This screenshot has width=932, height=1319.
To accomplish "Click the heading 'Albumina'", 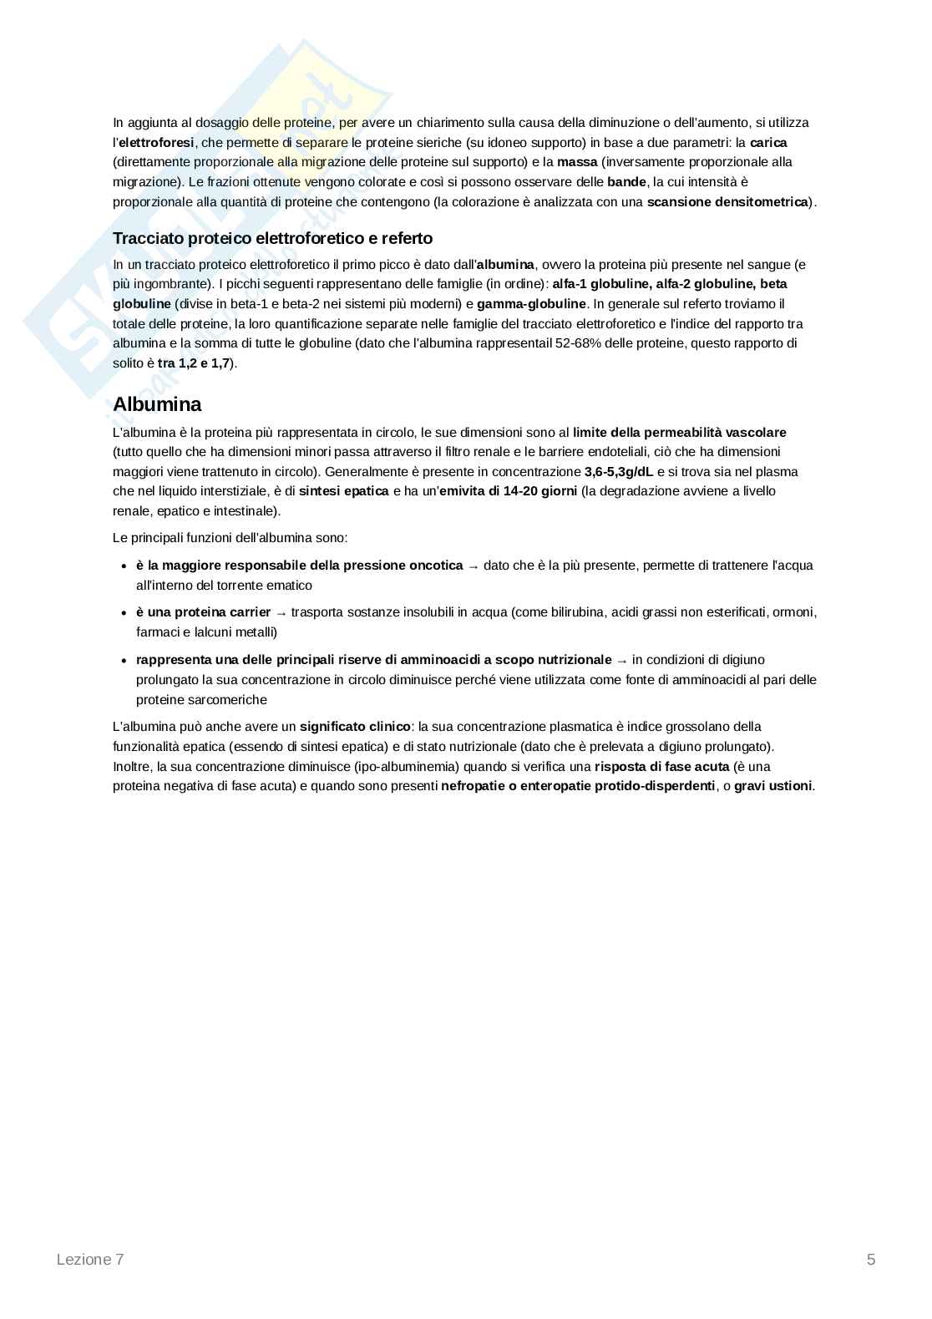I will click(x=157, y=404).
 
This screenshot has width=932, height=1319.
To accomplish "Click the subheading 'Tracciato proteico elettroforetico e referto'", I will click(x=272, y=239).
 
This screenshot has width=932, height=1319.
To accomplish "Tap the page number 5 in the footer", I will click(x=871, y=1260).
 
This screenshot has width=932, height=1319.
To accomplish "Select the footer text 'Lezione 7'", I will click(x=90, y=1260).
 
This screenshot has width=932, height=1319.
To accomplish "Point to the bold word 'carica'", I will click(x=768, y=143).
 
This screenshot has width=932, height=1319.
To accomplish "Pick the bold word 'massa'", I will click(x=577, y=162).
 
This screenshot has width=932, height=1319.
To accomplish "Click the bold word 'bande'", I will click(x=626, y=182).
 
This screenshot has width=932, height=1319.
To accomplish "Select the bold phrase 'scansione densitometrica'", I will click(x=727, y=202).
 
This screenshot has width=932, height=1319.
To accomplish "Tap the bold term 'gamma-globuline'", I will click(x=531, y=304).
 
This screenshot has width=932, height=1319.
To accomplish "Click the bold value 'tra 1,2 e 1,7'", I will click(x=194, y=363).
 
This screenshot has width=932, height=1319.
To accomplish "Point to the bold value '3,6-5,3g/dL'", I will click(x=619, y=472).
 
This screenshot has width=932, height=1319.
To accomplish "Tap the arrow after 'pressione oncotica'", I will click(x=474, y=566).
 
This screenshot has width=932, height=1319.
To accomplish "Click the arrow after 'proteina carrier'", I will click(x=281, y=613).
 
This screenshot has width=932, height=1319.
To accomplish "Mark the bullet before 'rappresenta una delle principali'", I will click(x=124, y=661).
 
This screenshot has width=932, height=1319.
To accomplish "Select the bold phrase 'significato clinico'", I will click(x=355, y=727).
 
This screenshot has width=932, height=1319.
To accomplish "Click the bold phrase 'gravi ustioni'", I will click(x=772, y=786).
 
